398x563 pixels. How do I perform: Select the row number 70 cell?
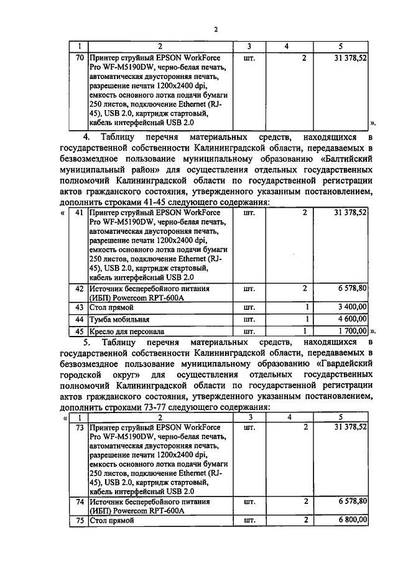click(79, 58)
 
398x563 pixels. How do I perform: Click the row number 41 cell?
click(79, 213)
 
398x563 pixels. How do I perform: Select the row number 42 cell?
click(79, 289)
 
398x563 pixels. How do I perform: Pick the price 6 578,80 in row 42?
click(352, 289)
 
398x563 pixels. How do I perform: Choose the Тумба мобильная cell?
click(119, 319)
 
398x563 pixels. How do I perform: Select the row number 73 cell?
click(79, 428)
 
